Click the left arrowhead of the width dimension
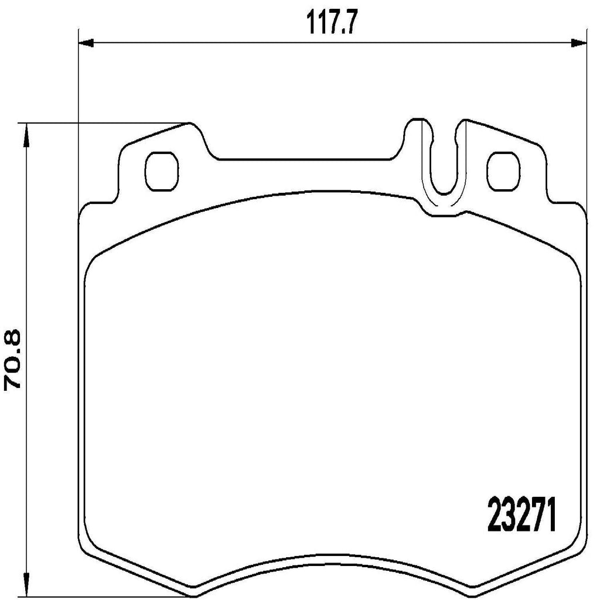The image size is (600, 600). (x=86, y=42)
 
